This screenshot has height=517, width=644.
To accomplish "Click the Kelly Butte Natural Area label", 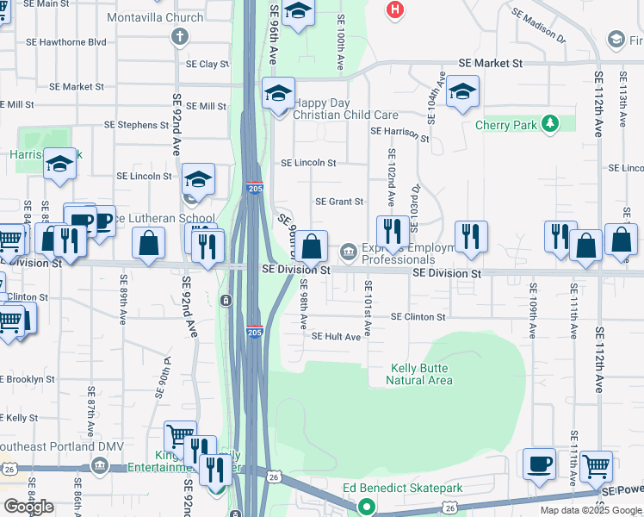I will [418, 374].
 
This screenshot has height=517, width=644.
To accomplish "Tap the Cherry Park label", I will [505, 125].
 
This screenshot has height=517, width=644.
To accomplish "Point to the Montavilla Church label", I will [155, 17].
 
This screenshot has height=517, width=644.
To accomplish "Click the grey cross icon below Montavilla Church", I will [180, 36].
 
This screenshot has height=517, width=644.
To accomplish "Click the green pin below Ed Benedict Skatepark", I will [367, 507].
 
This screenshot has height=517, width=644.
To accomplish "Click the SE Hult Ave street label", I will [336, 337].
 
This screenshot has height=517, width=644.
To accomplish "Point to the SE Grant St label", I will [339, 202].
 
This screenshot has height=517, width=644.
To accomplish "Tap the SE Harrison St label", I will [399, 134].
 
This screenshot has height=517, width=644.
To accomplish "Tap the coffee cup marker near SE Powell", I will [539, 463].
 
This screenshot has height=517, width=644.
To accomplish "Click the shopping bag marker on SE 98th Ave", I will [313, 246].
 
